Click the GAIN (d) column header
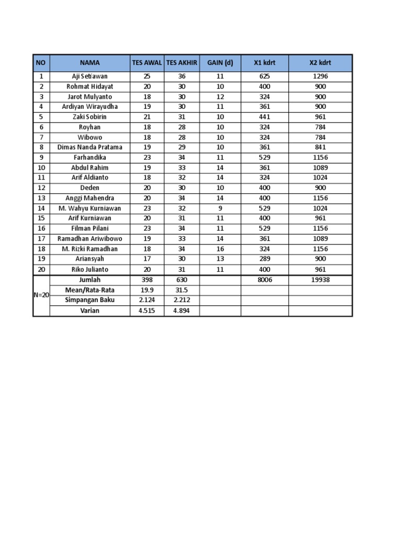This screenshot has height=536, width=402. pos(220,63)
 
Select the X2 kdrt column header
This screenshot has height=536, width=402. pos(320,63)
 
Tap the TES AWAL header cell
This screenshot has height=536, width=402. pos(147,63)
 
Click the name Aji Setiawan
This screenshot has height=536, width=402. pos(90,76)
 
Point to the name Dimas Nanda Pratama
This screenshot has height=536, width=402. pos(90,147)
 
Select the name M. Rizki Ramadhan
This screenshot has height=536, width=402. pos(90,249)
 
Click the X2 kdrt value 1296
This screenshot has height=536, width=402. pos(320,76)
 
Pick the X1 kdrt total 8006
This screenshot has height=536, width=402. pos(264,280)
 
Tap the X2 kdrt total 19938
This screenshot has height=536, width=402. pos(320,280)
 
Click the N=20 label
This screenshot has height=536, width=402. pos(41,295)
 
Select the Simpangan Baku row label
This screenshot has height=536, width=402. pos(90,300)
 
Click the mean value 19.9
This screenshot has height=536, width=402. pos(147,290)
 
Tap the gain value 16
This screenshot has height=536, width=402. pos(220,249)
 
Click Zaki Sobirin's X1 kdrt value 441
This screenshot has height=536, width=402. pos(264,117)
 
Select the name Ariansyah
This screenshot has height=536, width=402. pos(90,259)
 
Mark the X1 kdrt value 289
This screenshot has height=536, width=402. pos(264,259)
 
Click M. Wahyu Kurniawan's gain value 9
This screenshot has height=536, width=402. pos(220,208)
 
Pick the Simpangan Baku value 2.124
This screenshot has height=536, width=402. pos(147,300)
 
